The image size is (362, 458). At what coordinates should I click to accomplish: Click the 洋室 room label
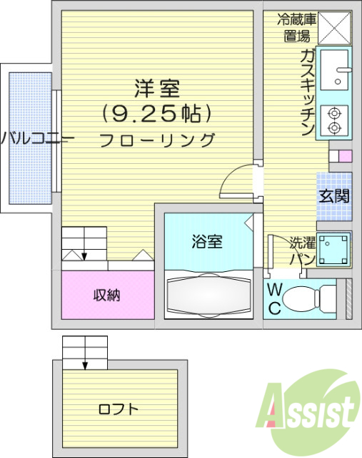[x=157, y=89]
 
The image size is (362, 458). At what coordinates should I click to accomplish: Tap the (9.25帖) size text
[x=157, y=113]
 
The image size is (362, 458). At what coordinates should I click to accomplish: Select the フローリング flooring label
[x=157, y=140]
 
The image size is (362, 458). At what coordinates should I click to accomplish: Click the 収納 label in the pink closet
[x=107, y=295]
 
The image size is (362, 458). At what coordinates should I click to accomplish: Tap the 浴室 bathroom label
[x=207, y=241]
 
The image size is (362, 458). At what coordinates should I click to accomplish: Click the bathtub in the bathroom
[x=208, y=295]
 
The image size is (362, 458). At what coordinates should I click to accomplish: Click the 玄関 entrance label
[x=334, y=196]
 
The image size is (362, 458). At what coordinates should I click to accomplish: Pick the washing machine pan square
[x=333, y=249]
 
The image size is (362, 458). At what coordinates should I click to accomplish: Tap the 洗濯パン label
[x=303, y=250]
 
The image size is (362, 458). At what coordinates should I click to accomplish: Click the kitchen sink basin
[x=334, y=70]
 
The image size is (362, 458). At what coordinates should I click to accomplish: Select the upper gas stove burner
[x=334, y=112]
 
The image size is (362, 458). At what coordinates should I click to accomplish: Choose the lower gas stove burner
[x=334, y=127]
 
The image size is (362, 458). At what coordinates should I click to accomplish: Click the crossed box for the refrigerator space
[x=334, y=28]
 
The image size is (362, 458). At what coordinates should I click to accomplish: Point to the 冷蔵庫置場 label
[x=297, y=29]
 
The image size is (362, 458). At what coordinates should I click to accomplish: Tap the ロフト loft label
[x=118, y=409]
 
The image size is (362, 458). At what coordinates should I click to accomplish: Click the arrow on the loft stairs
[x=85, y=353]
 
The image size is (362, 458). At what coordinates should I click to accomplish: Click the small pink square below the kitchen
[x=346, y=156]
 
